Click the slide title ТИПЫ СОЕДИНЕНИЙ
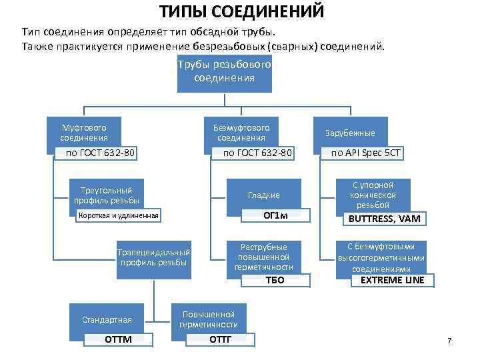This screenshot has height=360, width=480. click(x=242, y=11)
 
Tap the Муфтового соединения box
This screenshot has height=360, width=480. click(x=84, y=131)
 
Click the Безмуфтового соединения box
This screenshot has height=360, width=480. click(x=241, y=131)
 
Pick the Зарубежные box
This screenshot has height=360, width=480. click(x=350, y=133)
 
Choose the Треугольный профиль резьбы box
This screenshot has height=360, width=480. click(x=107, y=195)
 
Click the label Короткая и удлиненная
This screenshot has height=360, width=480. click(x=119, y=216)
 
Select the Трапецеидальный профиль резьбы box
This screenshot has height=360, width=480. click(x=153, y=257)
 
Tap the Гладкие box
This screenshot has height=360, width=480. click(x=264, y=195)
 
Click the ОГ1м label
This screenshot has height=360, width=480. click(x=275, y=216)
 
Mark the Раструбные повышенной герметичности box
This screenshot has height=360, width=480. click(x=264, y=257)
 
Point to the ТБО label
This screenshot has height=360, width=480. click(x=275, y=280)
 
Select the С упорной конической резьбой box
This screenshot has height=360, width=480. click(x=373, y=195)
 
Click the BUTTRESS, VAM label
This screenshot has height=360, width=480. click(x=385, y=219)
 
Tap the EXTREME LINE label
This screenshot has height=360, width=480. click(x=392, y=280)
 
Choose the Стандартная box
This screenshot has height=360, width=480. click(x=107, y=319)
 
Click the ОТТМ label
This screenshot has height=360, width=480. click(x=119, y=340)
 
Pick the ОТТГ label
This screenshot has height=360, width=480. click(x=221, y=340)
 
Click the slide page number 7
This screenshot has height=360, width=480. click(x=449, y=341)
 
